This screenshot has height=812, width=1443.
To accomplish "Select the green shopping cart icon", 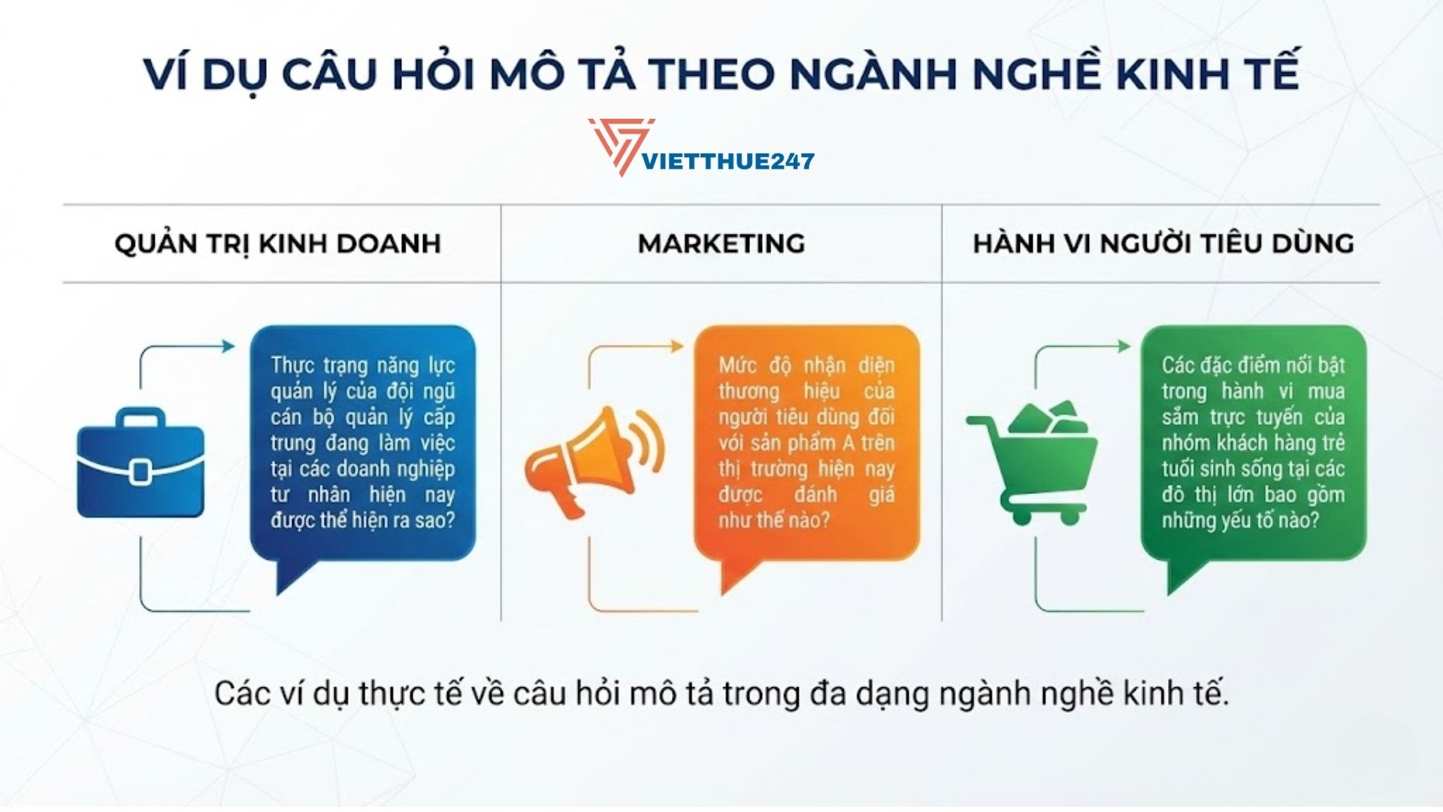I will coord(1033,462).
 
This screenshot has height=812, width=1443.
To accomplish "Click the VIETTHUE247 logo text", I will coord(728,161).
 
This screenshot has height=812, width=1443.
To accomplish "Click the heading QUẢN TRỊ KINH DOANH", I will coord(277,244).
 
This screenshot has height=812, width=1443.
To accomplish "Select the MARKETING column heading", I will coord(721,244).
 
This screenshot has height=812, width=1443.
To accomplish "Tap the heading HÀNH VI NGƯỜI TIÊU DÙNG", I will coord(1163,244).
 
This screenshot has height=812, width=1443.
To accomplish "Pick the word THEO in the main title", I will coord(711,74).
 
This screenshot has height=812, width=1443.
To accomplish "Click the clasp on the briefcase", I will coord(141,471).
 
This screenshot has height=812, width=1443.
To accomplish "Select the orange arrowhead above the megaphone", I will coord(676,346).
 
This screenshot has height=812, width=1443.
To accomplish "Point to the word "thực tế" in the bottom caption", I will coord(410,693).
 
